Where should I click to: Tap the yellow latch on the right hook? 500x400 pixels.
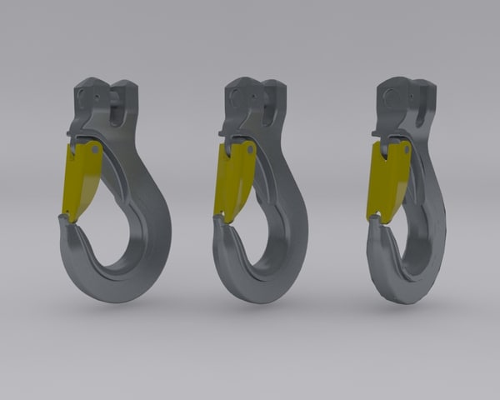(385, 179)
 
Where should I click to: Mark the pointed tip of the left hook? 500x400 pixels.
(62, 220)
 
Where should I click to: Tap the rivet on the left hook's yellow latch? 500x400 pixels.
(97, 152)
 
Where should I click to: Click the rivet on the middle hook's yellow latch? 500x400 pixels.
(247, 150)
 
